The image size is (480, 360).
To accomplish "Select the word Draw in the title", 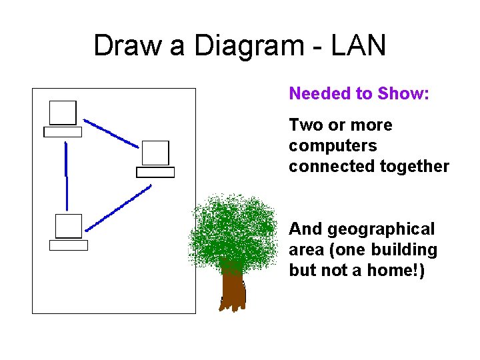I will [x=127, y=46].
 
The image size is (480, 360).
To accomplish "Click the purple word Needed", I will [x=314, y=94].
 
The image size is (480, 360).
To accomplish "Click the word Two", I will [x=303, y=125].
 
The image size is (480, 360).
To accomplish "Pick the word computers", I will [x=332, y=146].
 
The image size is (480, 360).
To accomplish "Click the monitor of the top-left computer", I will [x=63, y=113].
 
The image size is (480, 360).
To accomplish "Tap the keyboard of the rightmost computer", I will [x=155, y=172].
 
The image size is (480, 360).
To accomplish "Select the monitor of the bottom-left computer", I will [x=69, y=226].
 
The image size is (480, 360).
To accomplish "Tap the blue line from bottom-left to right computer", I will [x=119, y=209].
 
